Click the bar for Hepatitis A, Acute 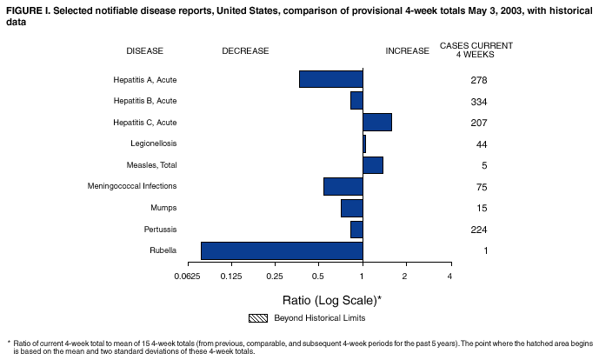point(330,79)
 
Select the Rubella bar point(282,250)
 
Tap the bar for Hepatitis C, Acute point(377,122)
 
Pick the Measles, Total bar point(373,165)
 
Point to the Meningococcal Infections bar point(343,186)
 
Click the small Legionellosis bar point(364,143)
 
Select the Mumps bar point(351,208)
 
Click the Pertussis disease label point(160,230)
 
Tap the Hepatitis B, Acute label point(145,101)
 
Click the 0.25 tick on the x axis point(275,277)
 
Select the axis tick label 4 point(449,277)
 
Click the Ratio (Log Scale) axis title point(332,299)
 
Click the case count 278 point(477,80)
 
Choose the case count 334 point(477,101)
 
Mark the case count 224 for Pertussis point(477,230)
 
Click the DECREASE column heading point(245,50)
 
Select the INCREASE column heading point(407,50)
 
